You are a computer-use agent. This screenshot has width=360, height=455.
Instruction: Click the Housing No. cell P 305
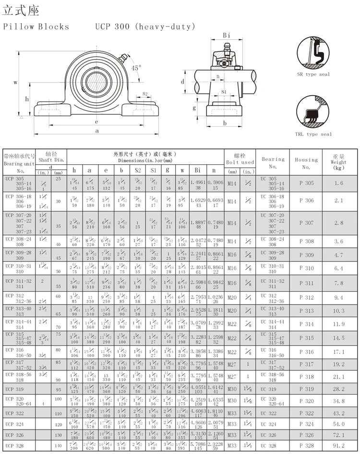(x=306, y=183)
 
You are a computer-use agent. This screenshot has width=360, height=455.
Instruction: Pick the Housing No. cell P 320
(x=306, y=400)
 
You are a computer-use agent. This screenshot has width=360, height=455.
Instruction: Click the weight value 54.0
(x=339, y=424)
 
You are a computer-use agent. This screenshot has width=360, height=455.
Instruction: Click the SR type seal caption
(x=313, y=74)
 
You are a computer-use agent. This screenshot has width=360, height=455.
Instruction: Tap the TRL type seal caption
(x=313, y=134)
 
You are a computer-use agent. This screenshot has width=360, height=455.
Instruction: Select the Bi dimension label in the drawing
(x=227, y=35)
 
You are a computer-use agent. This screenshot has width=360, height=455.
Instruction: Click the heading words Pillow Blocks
(x=36, y=26)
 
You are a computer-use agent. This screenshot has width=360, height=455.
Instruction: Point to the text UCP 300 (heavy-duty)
(x=145, y=26)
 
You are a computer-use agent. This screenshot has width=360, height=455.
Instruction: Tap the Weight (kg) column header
(x=339, y=162)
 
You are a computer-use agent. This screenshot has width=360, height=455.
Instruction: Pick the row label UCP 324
(x=14, y=425)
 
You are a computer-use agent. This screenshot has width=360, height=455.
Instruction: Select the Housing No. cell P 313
(x=306, y=311)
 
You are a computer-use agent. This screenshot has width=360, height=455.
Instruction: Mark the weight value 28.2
(x=339, y=389)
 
